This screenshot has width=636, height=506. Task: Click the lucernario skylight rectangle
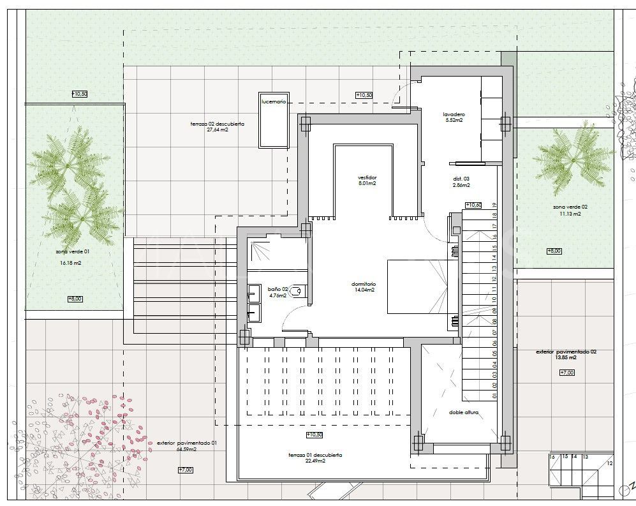pos(274,124)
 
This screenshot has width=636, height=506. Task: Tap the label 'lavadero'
pos(454,115)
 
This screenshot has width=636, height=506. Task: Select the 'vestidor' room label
pos(367,177)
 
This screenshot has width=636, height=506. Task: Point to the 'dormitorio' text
pos(364,284)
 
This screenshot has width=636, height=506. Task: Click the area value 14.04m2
pos(364,290)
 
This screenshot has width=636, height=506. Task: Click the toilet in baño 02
pos(301,291)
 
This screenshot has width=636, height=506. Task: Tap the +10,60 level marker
pos(473,205)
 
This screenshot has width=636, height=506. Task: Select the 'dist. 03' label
pos(461,179)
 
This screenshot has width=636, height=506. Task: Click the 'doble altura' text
pos(464,413)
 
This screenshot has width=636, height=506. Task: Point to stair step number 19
pos(494,205)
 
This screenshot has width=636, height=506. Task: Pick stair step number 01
pos(494,396)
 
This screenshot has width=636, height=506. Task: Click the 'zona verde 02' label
pos(570,207)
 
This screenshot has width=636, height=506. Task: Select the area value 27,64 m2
pos(218,130)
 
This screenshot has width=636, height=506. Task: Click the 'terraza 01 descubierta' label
pos(315,455)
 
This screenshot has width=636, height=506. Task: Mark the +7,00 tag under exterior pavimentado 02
pos(566,372)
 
